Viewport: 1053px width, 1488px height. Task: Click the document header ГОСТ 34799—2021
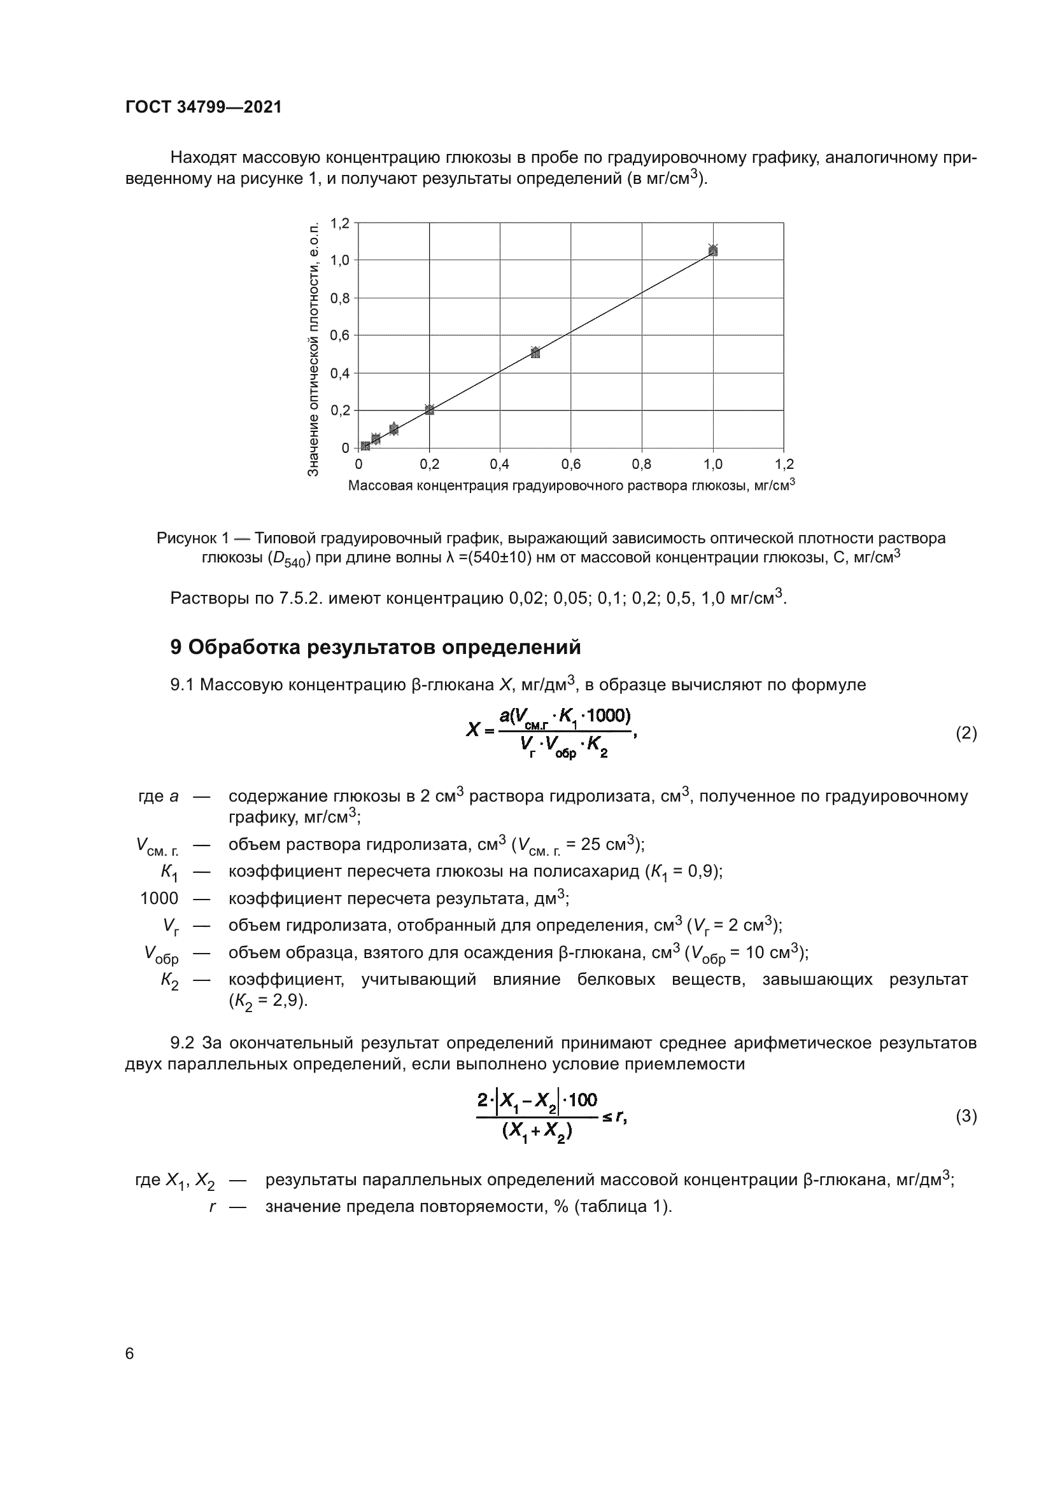(204, 108)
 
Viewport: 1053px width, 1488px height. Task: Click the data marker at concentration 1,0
(713, 250)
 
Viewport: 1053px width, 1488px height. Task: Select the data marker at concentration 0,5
(535, 352)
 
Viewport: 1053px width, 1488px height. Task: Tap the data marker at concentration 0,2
(429, 410)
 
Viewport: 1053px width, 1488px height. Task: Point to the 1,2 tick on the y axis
(340, 223)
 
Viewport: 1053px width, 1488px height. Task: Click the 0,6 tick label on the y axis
(340, 336)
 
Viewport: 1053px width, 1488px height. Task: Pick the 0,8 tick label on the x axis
(641, 464)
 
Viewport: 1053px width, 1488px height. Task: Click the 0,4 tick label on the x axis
(499, 464)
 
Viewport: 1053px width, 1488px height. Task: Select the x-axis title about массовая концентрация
(570, 486)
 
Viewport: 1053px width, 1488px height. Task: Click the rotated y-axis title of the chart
(313, 349)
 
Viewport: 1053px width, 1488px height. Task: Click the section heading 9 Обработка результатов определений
(375, 648)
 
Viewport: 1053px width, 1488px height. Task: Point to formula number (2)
(966, 734)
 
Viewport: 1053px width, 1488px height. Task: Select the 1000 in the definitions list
(159, 899)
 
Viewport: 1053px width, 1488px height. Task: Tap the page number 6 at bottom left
(130, 1354)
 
